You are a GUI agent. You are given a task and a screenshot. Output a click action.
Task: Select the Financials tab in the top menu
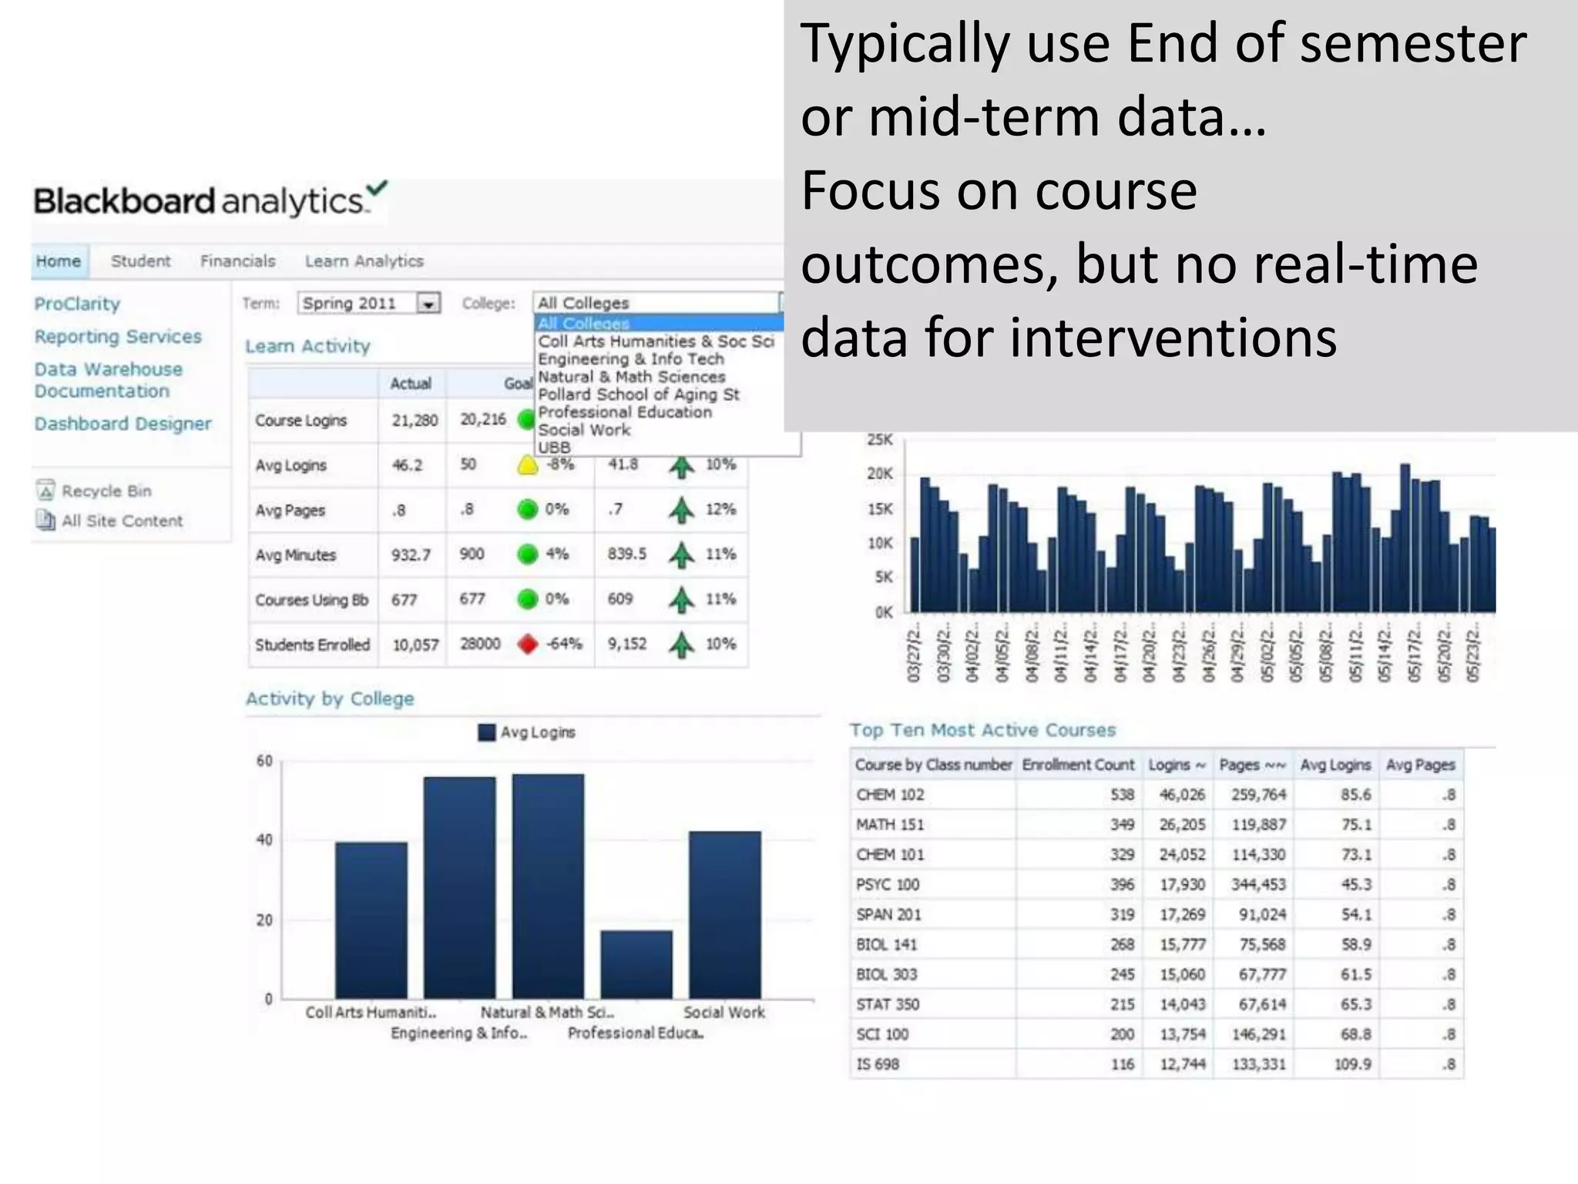pos(237,261)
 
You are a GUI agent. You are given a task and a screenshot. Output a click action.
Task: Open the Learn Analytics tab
pos(364,261)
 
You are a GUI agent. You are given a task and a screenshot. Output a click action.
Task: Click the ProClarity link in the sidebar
pos(77,304)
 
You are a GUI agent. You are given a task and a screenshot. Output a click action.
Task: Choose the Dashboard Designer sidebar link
pos(123,424)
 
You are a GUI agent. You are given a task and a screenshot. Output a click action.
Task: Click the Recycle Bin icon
pos(45,490)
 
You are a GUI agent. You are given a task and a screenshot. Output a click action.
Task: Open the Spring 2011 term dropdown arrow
pos(428,304)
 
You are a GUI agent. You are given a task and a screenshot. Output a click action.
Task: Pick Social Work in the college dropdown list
pos(584,430)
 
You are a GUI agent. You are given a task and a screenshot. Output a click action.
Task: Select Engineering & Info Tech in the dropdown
pos(630,359)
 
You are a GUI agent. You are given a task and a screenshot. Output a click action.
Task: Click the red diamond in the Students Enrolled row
pos(528,644)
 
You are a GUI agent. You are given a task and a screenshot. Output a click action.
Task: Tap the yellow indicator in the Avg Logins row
pos(528,465)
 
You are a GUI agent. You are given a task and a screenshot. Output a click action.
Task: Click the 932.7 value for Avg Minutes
pos(411,555)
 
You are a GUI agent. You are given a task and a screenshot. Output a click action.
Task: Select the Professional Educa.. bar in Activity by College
pos(636,964)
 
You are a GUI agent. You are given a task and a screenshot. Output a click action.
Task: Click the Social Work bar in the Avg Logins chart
pos(724,914)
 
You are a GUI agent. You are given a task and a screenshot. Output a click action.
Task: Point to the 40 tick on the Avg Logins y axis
pos(264,839)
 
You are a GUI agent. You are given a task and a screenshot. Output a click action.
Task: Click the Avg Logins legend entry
pos(527,732)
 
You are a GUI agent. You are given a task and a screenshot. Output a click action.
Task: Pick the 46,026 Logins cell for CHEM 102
pos(1182,795)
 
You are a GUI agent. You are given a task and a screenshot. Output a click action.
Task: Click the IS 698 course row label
pos(878,1065)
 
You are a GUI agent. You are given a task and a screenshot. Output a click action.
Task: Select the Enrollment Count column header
pos(1077,765)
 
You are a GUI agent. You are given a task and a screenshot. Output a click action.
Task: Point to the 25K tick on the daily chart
pos(879,439)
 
